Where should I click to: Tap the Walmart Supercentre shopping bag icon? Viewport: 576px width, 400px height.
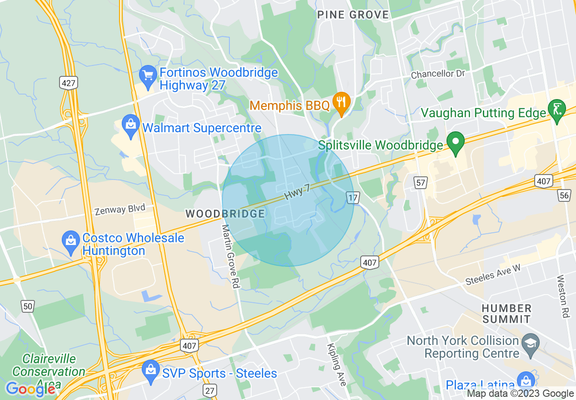coord(131,125)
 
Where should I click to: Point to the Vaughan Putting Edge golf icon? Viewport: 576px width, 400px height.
coord(557,109)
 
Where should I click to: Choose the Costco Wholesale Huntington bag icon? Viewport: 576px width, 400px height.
coord(71,241)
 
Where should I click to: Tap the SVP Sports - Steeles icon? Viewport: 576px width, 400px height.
coord(150,370)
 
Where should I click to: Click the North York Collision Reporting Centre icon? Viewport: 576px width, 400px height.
coord(530,344)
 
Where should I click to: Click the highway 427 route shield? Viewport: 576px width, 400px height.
coord(68,83)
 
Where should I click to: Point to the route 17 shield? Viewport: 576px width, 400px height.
coord(353,197)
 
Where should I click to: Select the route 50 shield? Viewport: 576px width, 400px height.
coord(28,306)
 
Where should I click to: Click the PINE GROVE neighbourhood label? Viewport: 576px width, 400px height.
coord(353,15)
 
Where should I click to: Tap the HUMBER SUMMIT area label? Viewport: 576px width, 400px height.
coord(506,314)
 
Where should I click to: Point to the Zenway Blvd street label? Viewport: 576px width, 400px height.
coord(120,210)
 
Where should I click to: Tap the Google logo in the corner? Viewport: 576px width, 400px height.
coord(30,389)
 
